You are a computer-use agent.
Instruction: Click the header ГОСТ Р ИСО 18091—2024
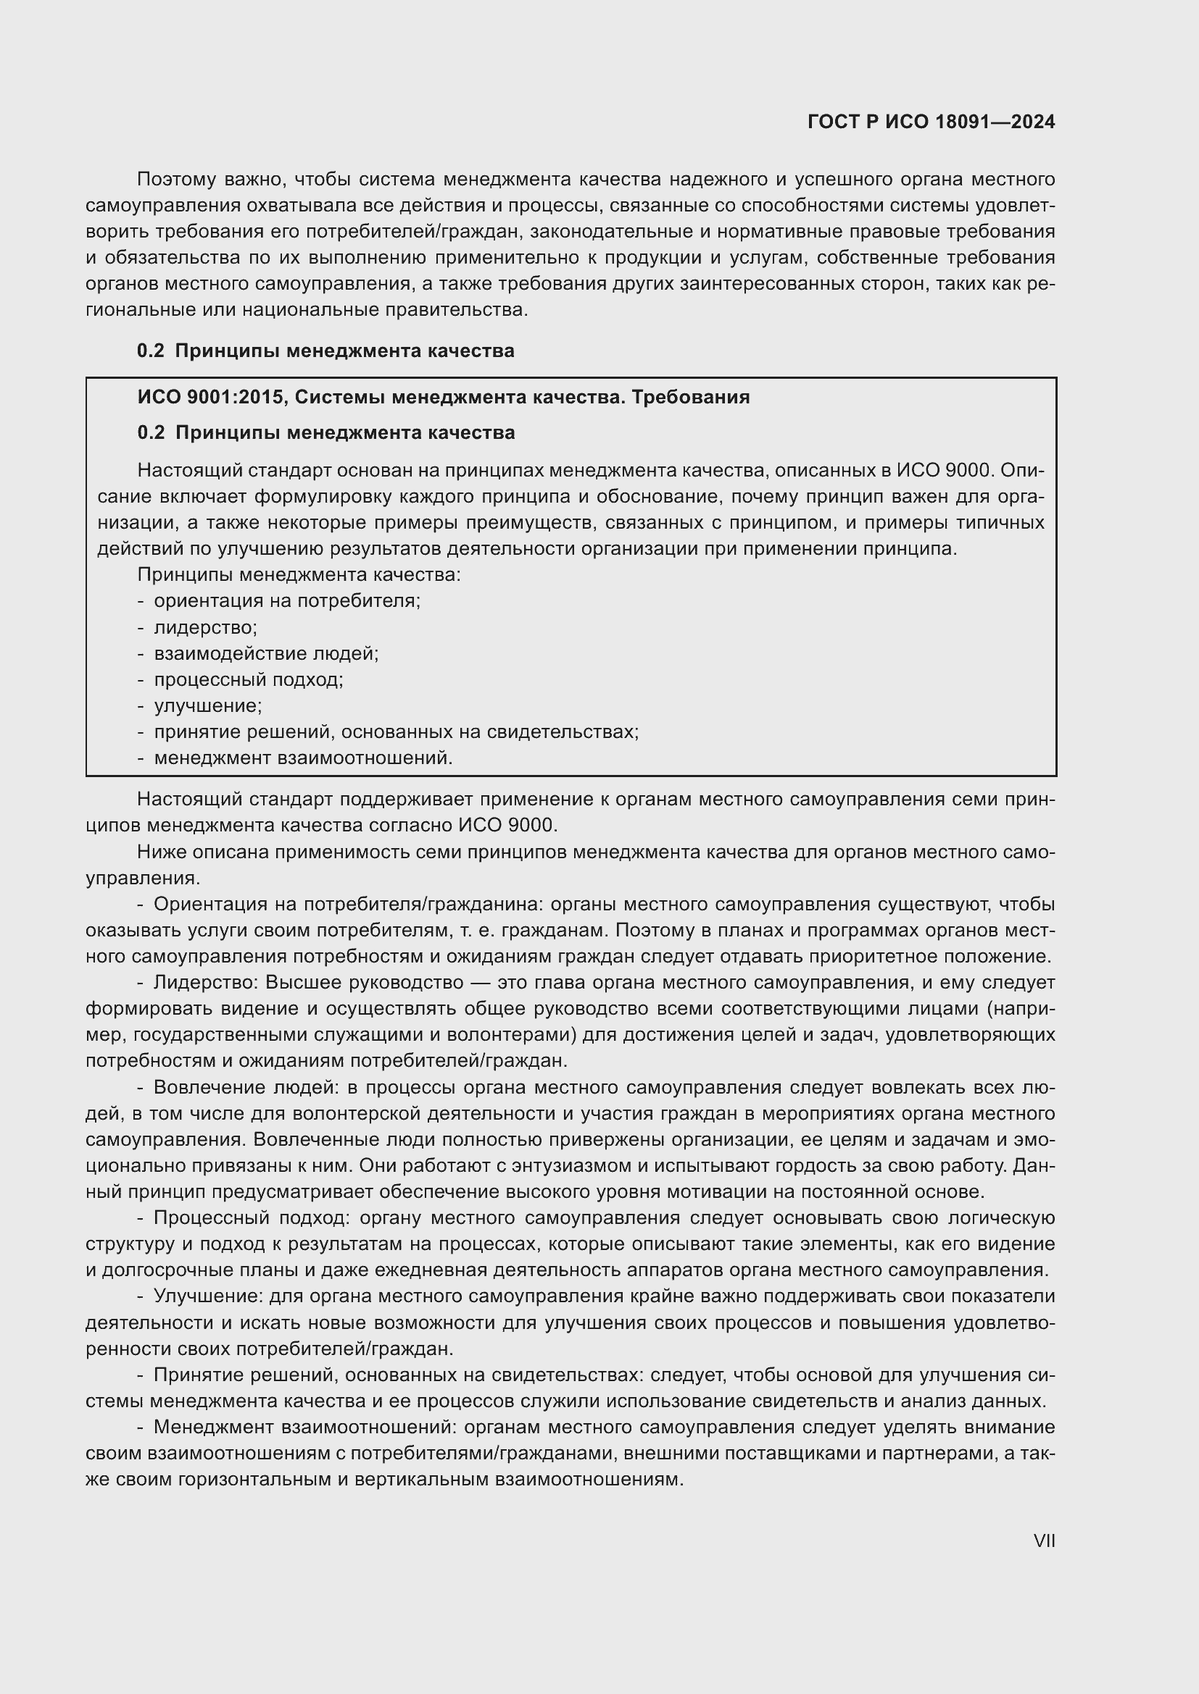point(931,122)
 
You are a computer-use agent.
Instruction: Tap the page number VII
point(1044,1540)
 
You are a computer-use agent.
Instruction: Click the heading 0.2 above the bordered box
point(325,351)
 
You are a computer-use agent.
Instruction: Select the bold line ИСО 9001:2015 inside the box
point(443,397)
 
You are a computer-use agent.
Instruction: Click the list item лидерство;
point(205,628)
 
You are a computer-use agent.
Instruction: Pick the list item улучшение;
point(207,706)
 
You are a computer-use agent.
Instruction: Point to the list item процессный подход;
point(248,679)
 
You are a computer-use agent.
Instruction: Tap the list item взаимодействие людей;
point(266,654)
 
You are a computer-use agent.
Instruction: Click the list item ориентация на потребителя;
point(286,600)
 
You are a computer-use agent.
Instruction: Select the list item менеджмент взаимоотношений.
point(303,758)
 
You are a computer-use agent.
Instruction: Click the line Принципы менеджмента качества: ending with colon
point(299,575)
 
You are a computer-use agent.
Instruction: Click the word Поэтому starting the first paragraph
point(175,180)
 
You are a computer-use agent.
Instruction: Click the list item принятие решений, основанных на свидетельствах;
point(396,732)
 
